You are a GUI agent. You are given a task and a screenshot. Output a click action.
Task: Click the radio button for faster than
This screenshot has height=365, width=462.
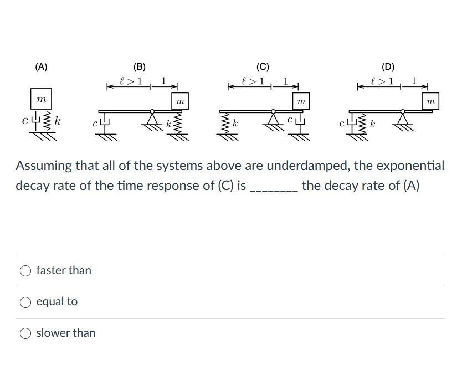[x=25, y=271]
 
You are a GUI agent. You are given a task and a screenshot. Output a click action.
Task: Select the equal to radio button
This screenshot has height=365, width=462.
[x=25, y=302]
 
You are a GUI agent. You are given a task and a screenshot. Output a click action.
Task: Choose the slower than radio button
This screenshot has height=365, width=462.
[x=25, y=333]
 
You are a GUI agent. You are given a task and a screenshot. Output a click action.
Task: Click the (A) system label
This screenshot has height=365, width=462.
[x=41, y=67]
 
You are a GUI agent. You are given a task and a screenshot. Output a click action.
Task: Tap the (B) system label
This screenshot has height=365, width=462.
[x=140, y=67]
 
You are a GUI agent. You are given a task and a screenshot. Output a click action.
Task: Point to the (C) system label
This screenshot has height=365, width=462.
[x=263, y=67]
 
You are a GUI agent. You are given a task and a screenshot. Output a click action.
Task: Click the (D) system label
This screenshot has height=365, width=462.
[x=388, y=67]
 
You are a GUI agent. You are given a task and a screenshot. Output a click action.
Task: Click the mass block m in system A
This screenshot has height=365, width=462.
[x=41, y=99]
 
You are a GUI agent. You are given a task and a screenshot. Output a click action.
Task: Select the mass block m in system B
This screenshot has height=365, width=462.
[x=180, y=101]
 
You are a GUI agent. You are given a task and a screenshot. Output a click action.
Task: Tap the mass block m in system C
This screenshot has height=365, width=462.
[x=301, y=101]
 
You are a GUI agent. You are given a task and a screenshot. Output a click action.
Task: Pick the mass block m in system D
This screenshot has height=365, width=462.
[x=430, y=101]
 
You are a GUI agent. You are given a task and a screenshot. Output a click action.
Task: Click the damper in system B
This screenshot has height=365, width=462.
[x=104, y=124]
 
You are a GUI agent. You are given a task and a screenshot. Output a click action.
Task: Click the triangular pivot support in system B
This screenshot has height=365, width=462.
[x=152, y=117]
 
